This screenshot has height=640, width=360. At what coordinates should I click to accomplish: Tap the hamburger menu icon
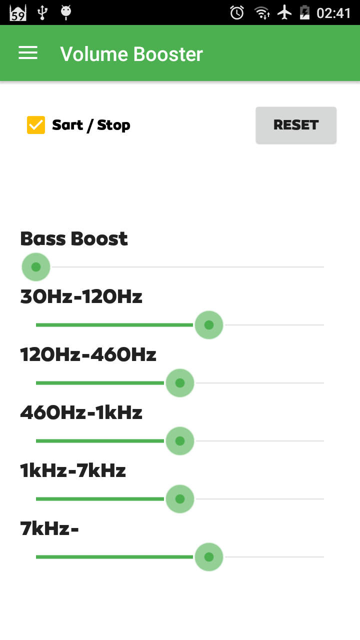coord(28,53)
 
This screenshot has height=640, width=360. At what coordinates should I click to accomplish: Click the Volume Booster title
coord(131,54)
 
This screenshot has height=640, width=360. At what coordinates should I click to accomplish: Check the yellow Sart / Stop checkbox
coord(36,125)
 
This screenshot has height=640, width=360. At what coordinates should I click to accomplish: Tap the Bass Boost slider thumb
coord(36,267)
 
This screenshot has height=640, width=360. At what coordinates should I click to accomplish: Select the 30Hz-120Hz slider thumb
coord(209,325)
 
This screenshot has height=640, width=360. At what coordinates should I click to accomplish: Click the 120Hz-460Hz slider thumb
coord(180,383)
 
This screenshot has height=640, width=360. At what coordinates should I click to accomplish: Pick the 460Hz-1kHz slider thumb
coord(180,441)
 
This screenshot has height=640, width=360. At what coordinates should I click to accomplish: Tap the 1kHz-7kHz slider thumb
coord(180,499)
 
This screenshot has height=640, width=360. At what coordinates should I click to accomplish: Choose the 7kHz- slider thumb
coord(209,557)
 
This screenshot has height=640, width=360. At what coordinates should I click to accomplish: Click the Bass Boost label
coord(74,238)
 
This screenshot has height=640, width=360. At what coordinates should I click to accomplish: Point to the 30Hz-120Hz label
coord(81,296)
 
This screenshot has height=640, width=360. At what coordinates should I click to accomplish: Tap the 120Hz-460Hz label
coord(88,354)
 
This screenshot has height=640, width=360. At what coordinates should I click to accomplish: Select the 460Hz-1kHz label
coord(81,412)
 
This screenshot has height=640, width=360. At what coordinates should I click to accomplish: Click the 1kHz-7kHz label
coord(73,470)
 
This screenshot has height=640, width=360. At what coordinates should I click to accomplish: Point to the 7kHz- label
coord(49,528)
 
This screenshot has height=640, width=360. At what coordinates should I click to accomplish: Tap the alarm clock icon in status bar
coord(237,13)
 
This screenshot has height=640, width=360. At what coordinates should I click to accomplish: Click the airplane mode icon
coord(284,13)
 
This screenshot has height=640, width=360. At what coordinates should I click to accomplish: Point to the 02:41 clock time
coord(333,13)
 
